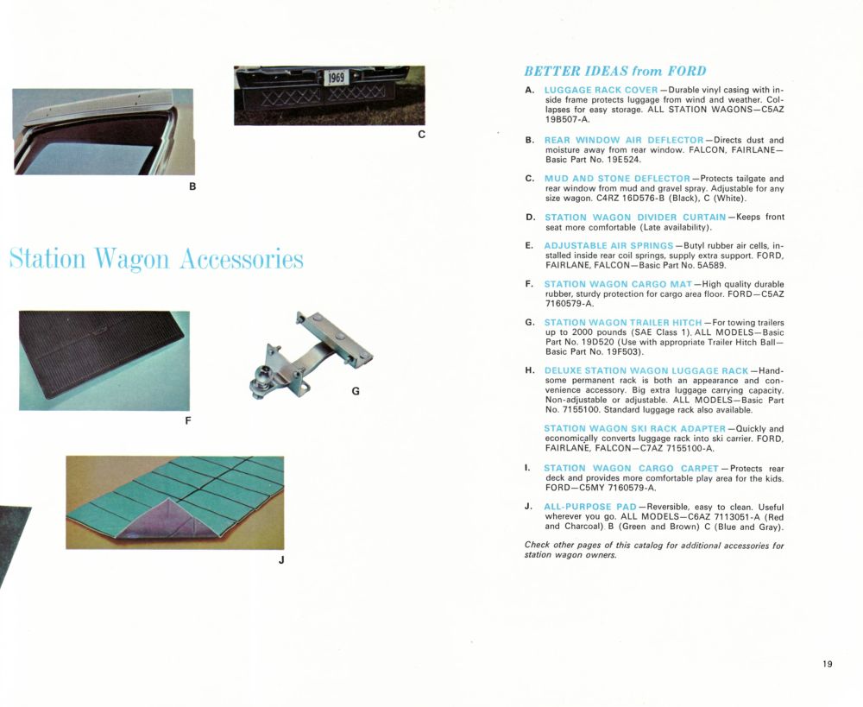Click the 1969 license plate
(335, 79)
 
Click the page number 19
(828, 664)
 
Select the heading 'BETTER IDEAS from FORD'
(614, 71)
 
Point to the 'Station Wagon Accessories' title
(157, 258)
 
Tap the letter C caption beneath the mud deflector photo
(420, 135)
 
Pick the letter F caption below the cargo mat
(187, 421)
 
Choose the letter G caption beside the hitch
(356, 391)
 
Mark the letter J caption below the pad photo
(281, 559)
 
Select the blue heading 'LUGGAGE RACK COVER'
(601, 91)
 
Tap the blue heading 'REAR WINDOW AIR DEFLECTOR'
(623, 140)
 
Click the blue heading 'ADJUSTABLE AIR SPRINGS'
(608, 246)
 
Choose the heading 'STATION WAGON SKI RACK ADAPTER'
(634, 428)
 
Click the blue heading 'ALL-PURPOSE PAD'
(589, 506)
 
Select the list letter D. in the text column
(530, 218)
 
